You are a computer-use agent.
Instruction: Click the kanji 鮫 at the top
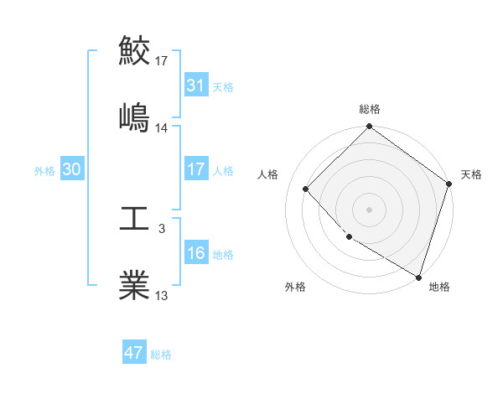135,50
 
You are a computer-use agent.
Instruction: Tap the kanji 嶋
135,117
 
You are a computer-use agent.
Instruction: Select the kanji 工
135,220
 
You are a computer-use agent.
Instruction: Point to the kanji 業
135,285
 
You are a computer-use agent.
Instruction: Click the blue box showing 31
195,86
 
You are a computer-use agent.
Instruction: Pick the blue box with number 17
195,169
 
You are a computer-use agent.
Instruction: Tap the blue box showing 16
195,253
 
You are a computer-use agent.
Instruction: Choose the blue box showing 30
72,169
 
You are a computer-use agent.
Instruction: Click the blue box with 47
134,353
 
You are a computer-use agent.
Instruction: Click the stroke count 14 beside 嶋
162,128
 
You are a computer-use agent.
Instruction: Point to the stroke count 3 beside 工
162,228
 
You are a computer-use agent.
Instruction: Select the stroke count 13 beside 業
162,295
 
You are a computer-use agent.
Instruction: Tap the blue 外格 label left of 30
44,170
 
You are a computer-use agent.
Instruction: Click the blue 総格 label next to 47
161,354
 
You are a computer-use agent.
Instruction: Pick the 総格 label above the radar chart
370,109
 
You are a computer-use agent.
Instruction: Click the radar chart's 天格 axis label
471,174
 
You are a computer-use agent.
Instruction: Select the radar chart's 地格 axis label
439,287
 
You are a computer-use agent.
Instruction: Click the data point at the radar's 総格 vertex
370,127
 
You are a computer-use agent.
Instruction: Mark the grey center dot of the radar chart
370,209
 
